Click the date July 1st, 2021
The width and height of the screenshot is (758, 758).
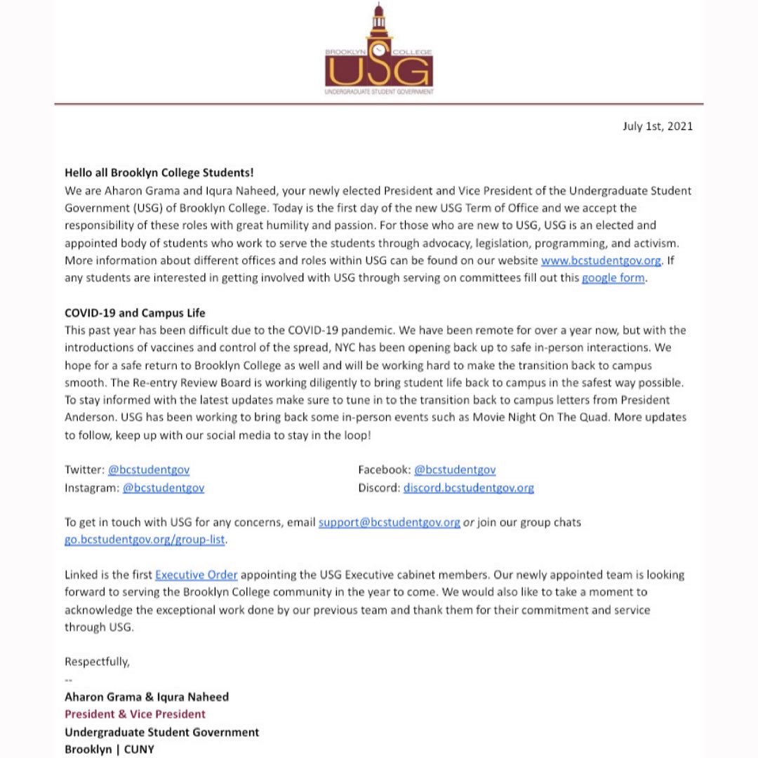tap(657, 126)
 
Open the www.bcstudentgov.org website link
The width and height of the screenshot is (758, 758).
tap(601, 260)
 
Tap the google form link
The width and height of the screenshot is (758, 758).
tap(613, 278)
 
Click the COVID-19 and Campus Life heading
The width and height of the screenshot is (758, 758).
tap(135, 312)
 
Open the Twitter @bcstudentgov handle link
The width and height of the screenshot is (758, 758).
tap(148, 470)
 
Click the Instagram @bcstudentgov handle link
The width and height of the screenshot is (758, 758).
tap(163, 487)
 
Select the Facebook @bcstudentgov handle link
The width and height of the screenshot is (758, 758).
tap(454, 470)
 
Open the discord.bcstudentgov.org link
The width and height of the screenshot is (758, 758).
tap(468, 487)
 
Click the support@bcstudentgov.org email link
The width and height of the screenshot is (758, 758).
tap(389, 522)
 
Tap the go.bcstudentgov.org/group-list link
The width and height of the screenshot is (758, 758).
tap(145, 540)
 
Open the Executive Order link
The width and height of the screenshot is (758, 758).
tap(196, 575)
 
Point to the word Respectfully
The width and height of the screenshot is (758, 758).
tap(97, 662)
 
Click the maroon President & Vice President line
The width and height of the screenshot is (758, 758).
tap(135, 714)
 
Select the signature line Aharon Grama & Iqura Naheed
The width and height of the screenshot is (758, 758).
tap(146, 696)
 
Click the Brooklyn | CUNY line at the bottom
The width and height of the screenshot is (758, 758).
tap(109, 749)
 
